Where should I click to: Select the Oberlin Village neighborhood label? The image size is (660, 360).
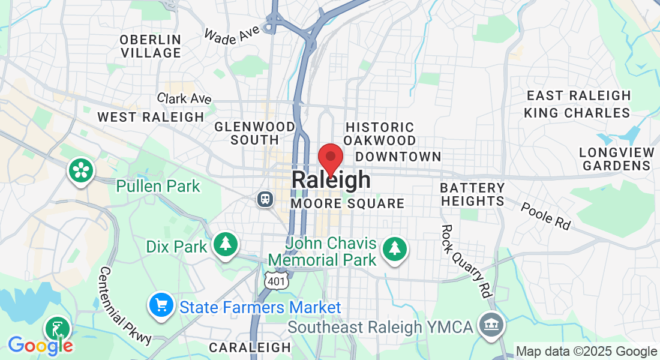pos(150,46)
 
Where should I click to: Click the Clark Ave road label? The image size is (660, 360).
pos(184,98)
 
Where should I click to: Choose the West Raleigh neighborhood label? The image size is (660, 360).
pos(151,117)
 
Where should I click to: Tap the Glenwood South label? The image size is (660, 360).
pos(255,133)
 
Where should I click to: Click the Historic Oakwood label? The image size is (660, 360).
pos(380,134)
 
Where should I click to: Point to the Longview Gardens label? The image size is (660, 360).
pos(616,159)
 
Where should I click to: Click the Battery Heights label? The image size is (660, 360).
pos(472,195)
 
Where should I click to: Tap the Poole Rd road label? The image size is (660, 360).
pos(545,215)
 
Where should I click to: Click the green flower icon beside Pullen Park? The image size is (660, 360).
pos(80,170)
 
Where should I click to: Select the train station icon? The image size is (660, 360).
pos(265,199)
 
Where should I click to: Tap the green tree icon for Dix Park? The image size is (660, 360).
pos(226,244)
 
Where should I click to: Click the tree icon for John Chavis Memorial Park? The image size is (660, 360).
pos(395,248)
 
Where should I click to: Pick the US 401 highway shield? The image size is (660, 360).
pos(278,280)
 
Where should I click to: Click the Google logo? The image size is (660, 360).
pos(40,345)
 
